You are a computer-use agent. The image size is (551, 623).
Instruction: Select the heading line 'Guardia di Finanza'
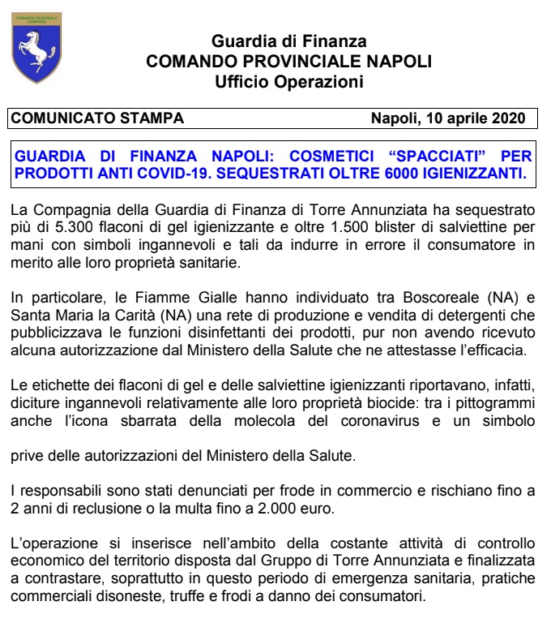(x=288, y=41)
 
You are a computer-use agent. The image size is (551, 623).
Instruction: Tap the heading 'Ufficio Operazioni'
(x=288, y=81)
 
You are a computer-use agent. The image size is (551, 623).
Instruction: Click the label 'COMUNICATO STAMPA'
(x=97, y=118)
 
